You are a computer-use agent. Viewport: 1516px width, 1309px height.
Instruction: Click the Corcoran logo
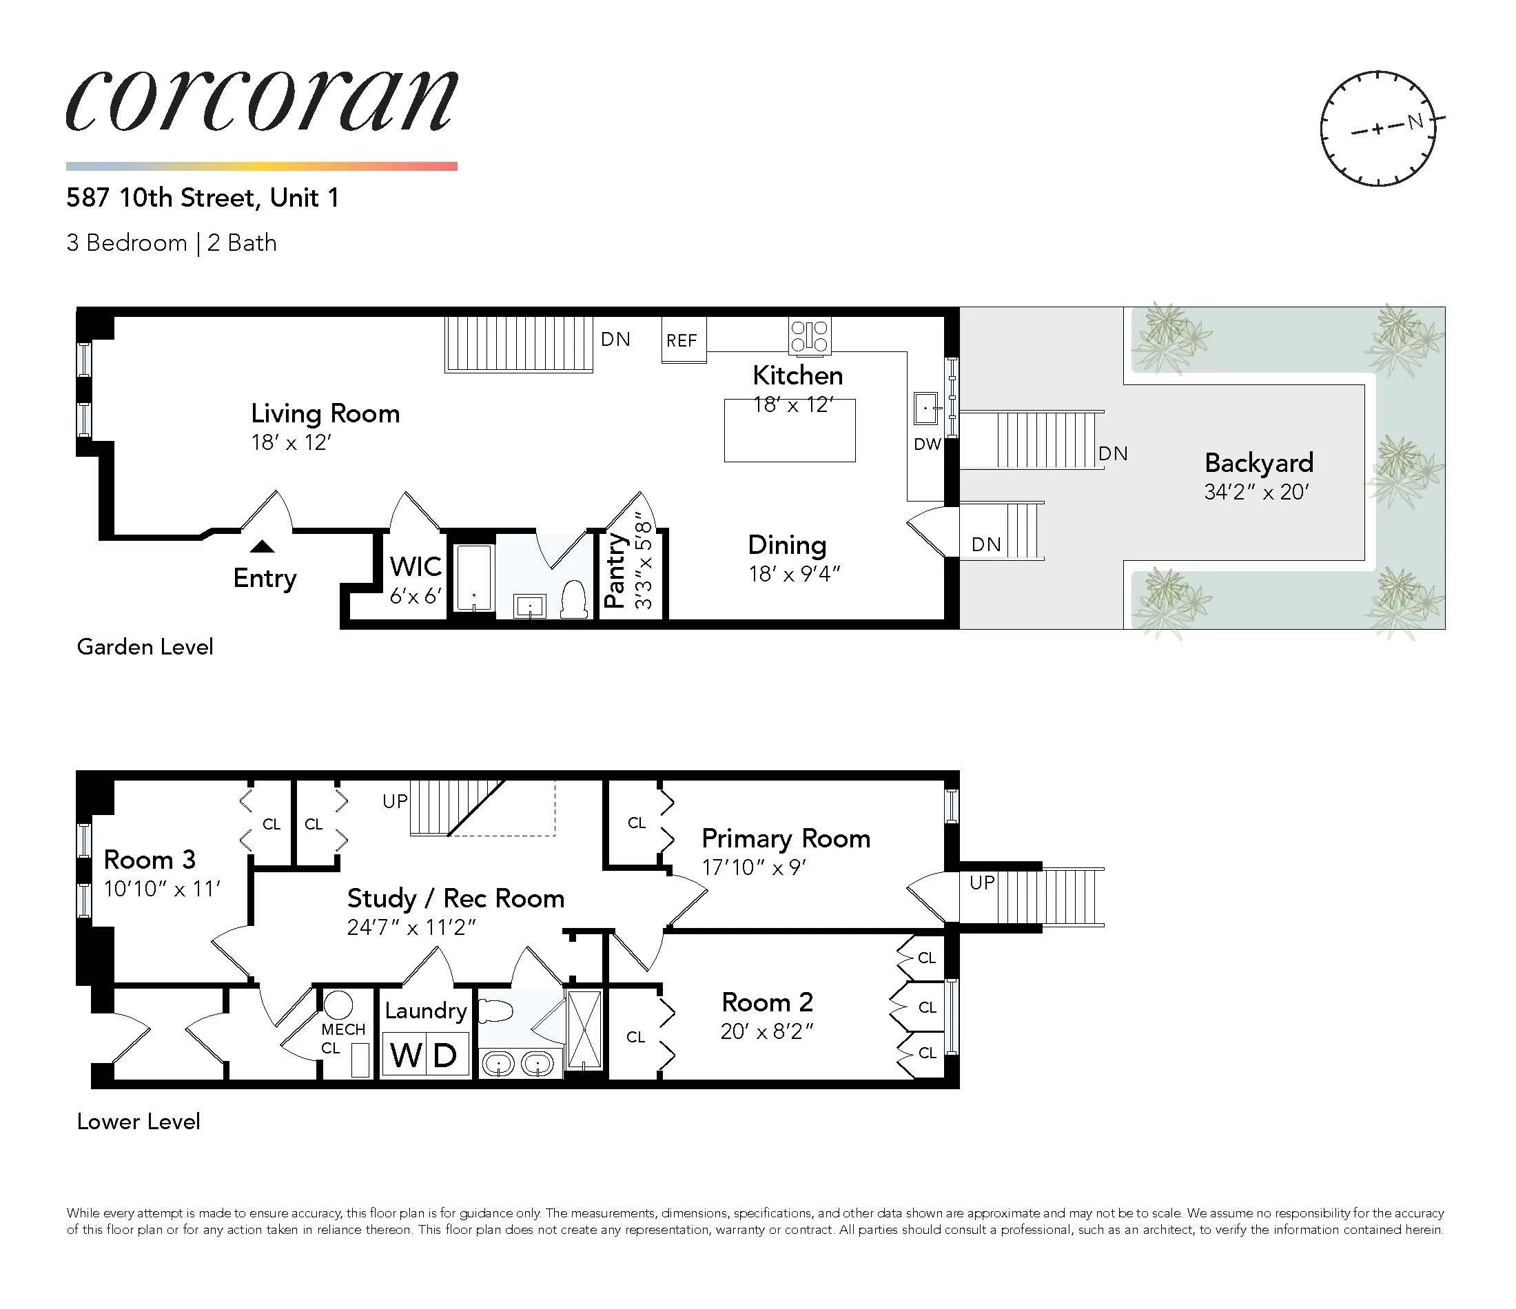tap(261, 103)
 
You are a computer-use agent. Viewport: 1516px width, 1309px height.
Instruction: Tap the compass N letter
tap(1416, 121)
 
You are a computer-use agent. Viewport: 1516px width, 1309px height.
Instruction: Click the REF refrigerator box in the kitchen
tap(683, 340)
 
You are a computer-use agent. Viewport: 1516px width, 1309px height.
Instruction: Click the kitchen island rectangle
tap(790, 439)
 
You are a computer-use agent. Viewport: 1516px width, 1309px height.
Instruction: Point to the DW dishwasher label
tap(927, 444)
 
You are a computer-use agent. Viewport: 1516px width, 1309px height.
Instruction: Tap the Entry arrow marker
tap(263, 546)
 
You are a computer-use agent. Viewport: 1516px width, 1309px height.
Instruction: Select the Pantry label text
tap(616, 570)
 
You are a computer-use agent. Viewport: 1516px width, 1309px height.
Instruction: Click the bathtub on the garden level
tap(473, 577)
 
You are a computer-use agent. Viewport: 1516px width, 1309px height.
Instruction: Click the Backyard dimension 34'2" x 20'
tap(1256, 492)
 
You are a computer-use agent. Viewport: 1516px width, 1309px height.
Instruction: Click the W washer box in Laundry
tap(404, 1055)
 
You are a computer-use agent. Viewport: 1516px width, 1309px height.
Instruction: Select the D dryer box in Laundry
tap(446, 1055)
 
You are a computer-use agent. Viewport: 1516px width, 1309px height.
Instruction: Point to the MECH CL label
tap(342, 1038)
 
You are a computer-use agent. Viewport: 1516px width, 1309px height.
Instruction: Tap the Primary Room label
tap(786, 838)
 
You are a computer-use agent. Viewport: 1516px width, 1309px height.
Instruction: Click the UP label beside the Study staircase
tap(395, 801)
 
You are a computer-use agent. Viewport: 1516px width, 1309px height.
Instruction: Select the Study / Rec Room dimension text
tap(411, 928)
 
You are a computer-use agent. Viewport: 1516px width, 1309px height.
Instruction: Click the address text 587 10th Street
tap(161, 198)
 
